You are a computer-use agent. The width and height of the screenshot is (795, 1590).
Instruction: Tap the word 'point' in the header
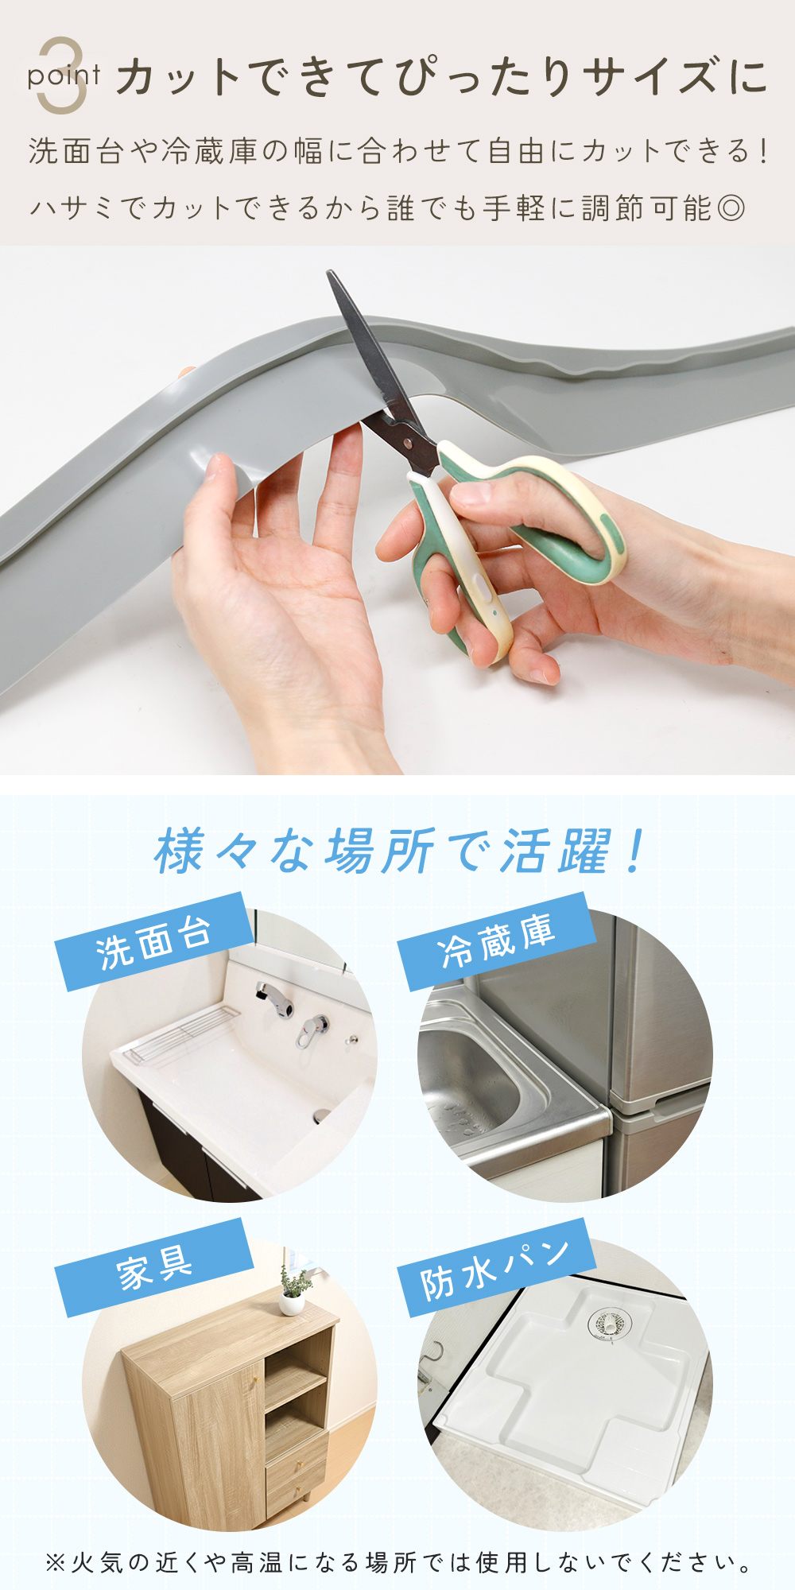pos(64,77)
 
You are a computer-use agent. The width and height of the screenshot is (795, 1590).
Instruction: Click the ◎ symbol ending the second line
pos(731,207)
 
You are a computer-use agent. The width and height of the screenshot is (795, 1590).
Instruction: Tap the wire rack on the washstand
pos(182,1033)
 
